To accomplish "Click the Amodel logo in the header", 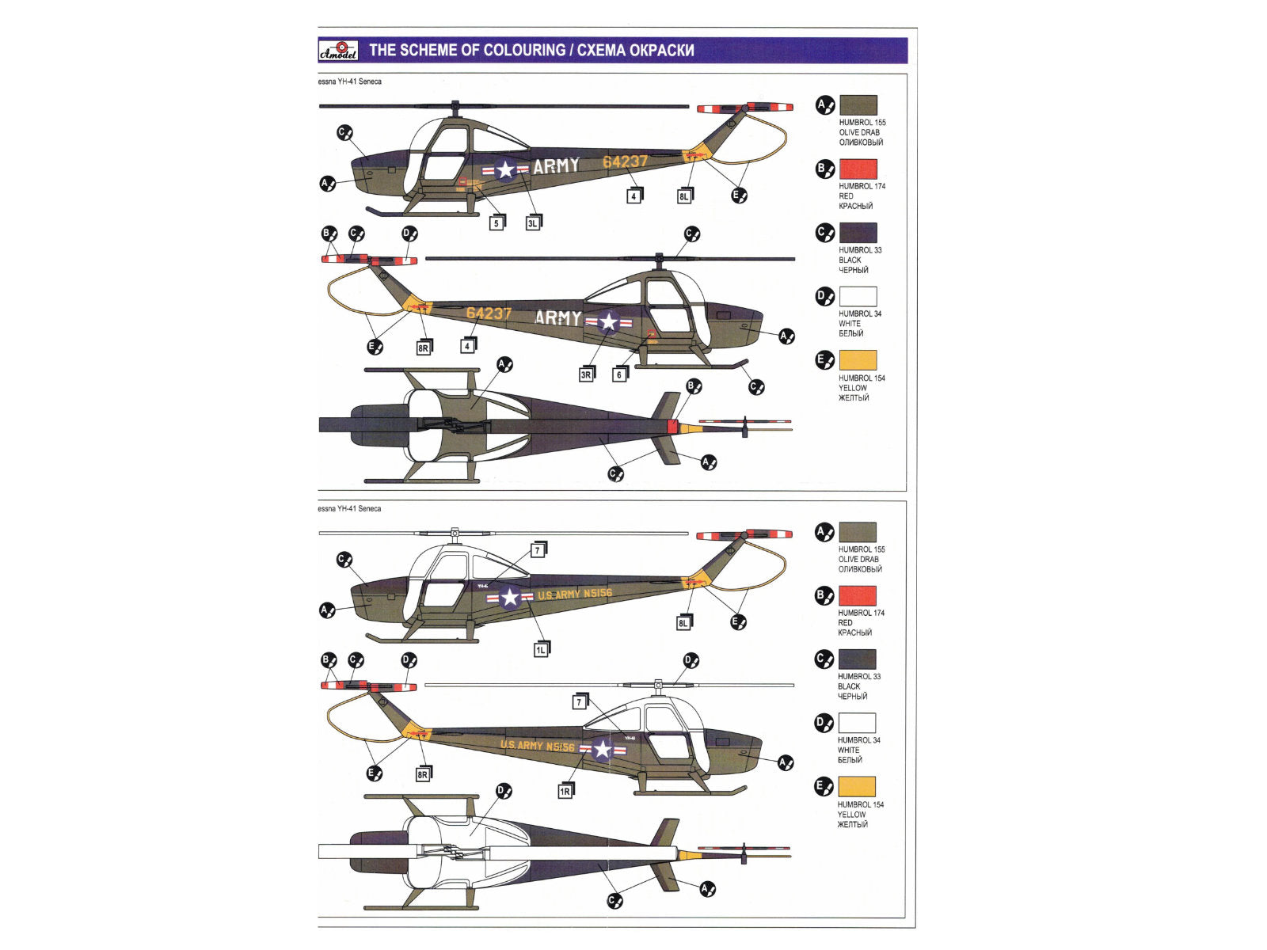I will point(338,51).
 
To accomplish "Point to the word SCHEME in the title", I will point(428,51).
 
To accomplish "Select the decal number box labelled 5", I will point(497,223).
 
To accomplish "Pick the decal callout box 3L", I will point(533,223).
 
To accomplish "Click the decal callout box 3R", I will point(586,374).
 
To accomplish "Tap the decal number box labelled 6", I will point(619,374).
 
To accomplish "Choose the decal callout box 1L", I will point(540,650).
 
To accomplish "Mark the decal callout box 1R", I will point(565,791).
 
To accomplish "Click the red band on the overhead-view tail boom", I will point(672,427).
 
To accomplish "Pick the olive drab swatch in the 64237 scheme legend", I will point(858,105).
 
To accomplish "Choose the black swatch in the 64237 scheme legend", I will point(858,233).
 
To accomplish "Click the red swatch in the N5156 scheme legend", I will point(858,595).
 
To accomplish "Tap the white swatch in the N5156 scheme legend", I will point(858,723).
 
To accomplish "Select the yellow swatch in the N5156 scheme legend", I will point(858,787).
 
